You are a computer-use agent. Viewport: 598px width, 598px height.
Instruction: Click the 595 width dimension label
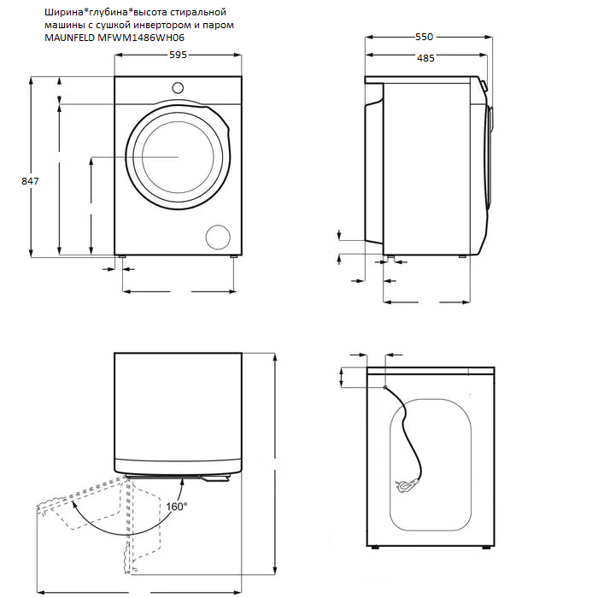point(178,54)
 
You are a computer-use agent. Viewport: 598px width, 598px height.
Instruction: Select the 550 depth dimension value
point(424,37)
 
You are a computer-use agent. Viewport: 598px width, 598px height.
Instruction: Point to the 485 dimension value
point(425,58)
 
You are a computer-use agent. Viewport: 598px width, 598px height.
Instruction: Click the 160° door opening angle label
point(176,507)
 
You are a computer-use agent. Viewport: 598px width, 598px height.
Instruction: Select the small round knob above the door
point(178,86)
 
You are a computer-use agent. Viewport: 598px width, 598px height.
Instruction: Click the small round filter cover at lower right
point(219,237)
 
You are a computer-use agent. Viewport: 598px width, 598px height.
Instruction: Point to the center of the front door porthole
point(178,157)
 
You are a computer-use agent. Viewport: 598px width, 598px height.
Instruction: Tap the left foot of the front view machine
point(124,255)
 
